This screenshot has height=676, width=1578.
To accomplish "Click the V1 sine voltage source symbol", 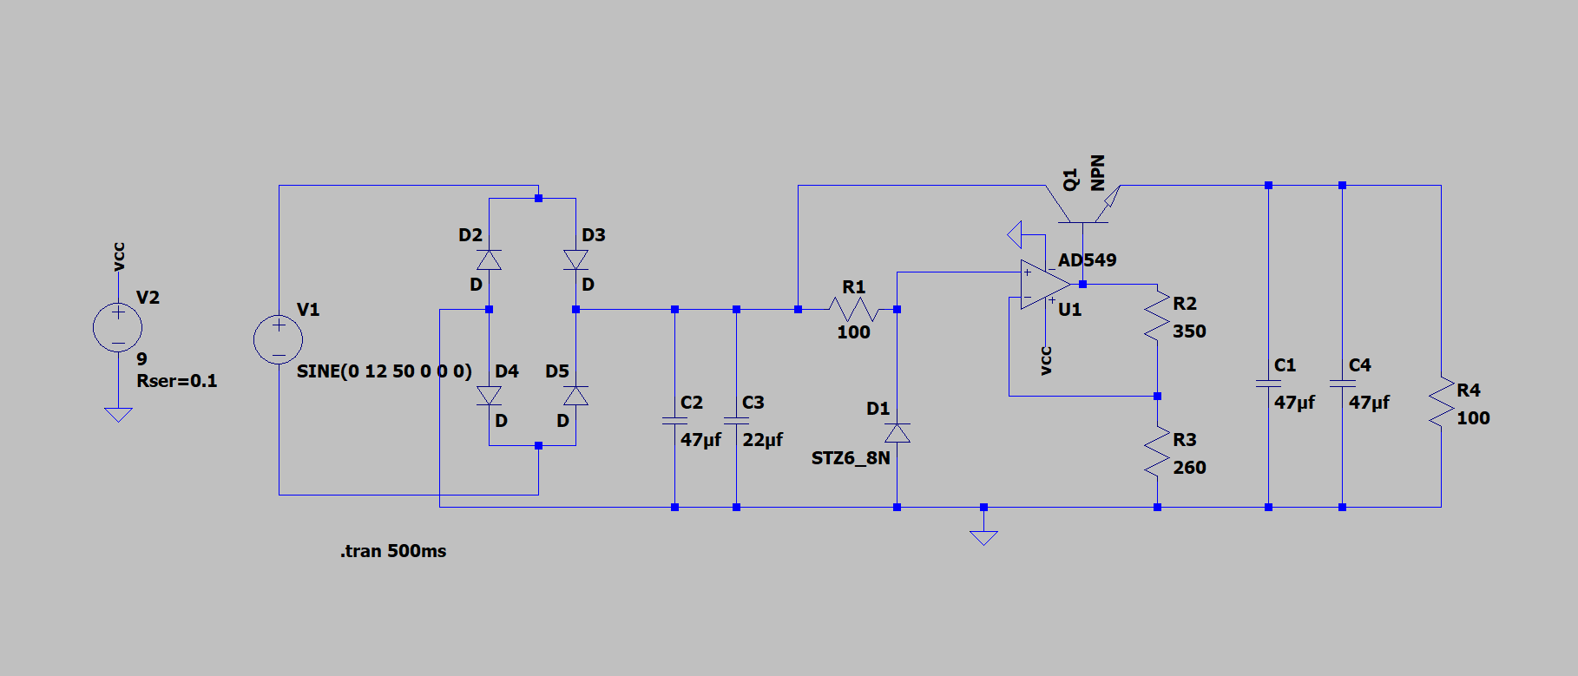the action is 278,339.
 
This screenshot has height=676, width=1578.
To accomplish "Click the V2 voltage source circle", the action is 117,327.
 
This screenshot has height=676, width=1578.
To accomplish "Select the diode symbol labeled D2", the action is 489,259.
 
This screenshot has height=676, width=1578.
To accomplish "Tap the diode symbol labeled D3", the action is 575,259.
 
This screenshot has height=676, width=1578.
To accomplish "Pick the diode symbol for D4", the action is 489,396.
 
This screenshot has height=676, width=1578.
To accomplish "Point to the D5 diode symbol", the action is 575,396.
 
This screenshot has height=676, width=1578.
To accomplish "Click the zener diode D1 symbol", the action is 897,432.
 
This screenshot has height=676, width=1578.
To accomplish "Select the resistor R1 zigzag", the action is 854,309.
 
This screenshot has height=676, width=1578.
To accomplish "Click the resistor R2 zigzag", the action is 1157,315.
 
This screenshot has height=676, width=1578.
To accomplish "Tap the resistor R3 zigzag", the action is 1157,451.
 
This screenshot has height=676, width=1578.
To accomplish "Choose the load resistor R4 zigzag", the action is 1441,402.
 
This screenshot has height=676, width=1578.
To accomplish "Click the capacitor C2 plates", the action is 674,420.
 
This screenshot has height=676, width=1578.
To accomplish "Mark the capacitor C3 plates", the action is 736,420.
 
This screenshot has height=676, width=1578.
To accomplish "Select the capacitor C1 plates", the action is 1268,383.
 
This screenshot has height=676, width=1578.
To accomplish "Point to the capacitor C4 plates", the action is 1342,383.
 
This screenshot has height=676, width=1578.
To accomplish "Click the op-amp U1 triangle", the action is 1045,284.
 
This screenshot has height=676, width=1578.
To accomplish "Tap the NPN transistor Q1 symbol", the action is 1082,204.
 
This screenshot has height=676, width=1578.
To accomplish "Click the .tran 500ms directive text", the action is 393,551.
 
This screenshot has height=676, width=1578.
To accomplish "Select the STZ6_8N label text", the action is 851,458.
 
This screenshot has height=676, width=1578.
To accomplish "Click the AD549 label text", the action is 1087,260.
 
